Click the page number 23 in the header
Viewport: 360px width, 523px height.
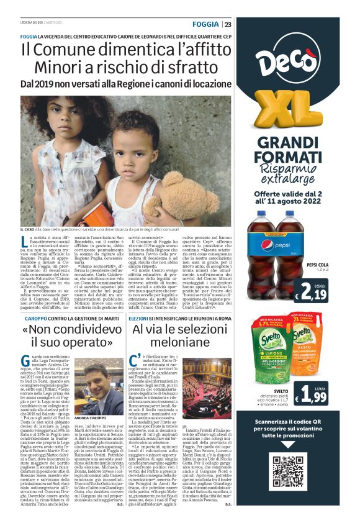click(x=228, y=24)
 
